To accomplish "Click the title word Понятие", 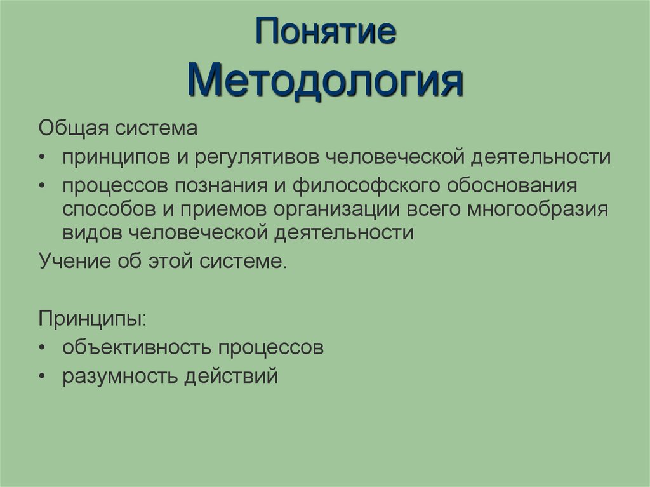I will click(326, 33).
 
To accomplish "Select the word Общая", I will click(73, 129).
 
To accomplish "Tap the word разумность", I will click(119, 376).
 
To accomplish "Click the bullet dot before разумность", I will click(41, 377).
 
